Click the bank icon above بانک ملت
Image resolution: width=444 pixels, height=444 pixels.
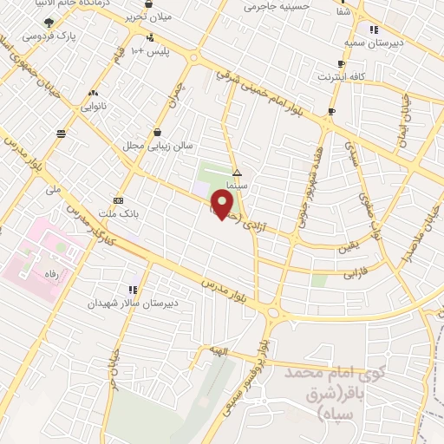click(118, 199)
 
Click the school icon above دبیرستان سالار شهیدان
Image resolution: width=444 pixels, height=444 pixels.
click(132, 290)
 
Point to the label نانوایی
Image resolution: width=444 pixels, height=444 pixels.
click(93, 107)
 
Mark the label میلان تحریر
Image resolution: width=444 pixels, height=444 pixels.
click(173, 16)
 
